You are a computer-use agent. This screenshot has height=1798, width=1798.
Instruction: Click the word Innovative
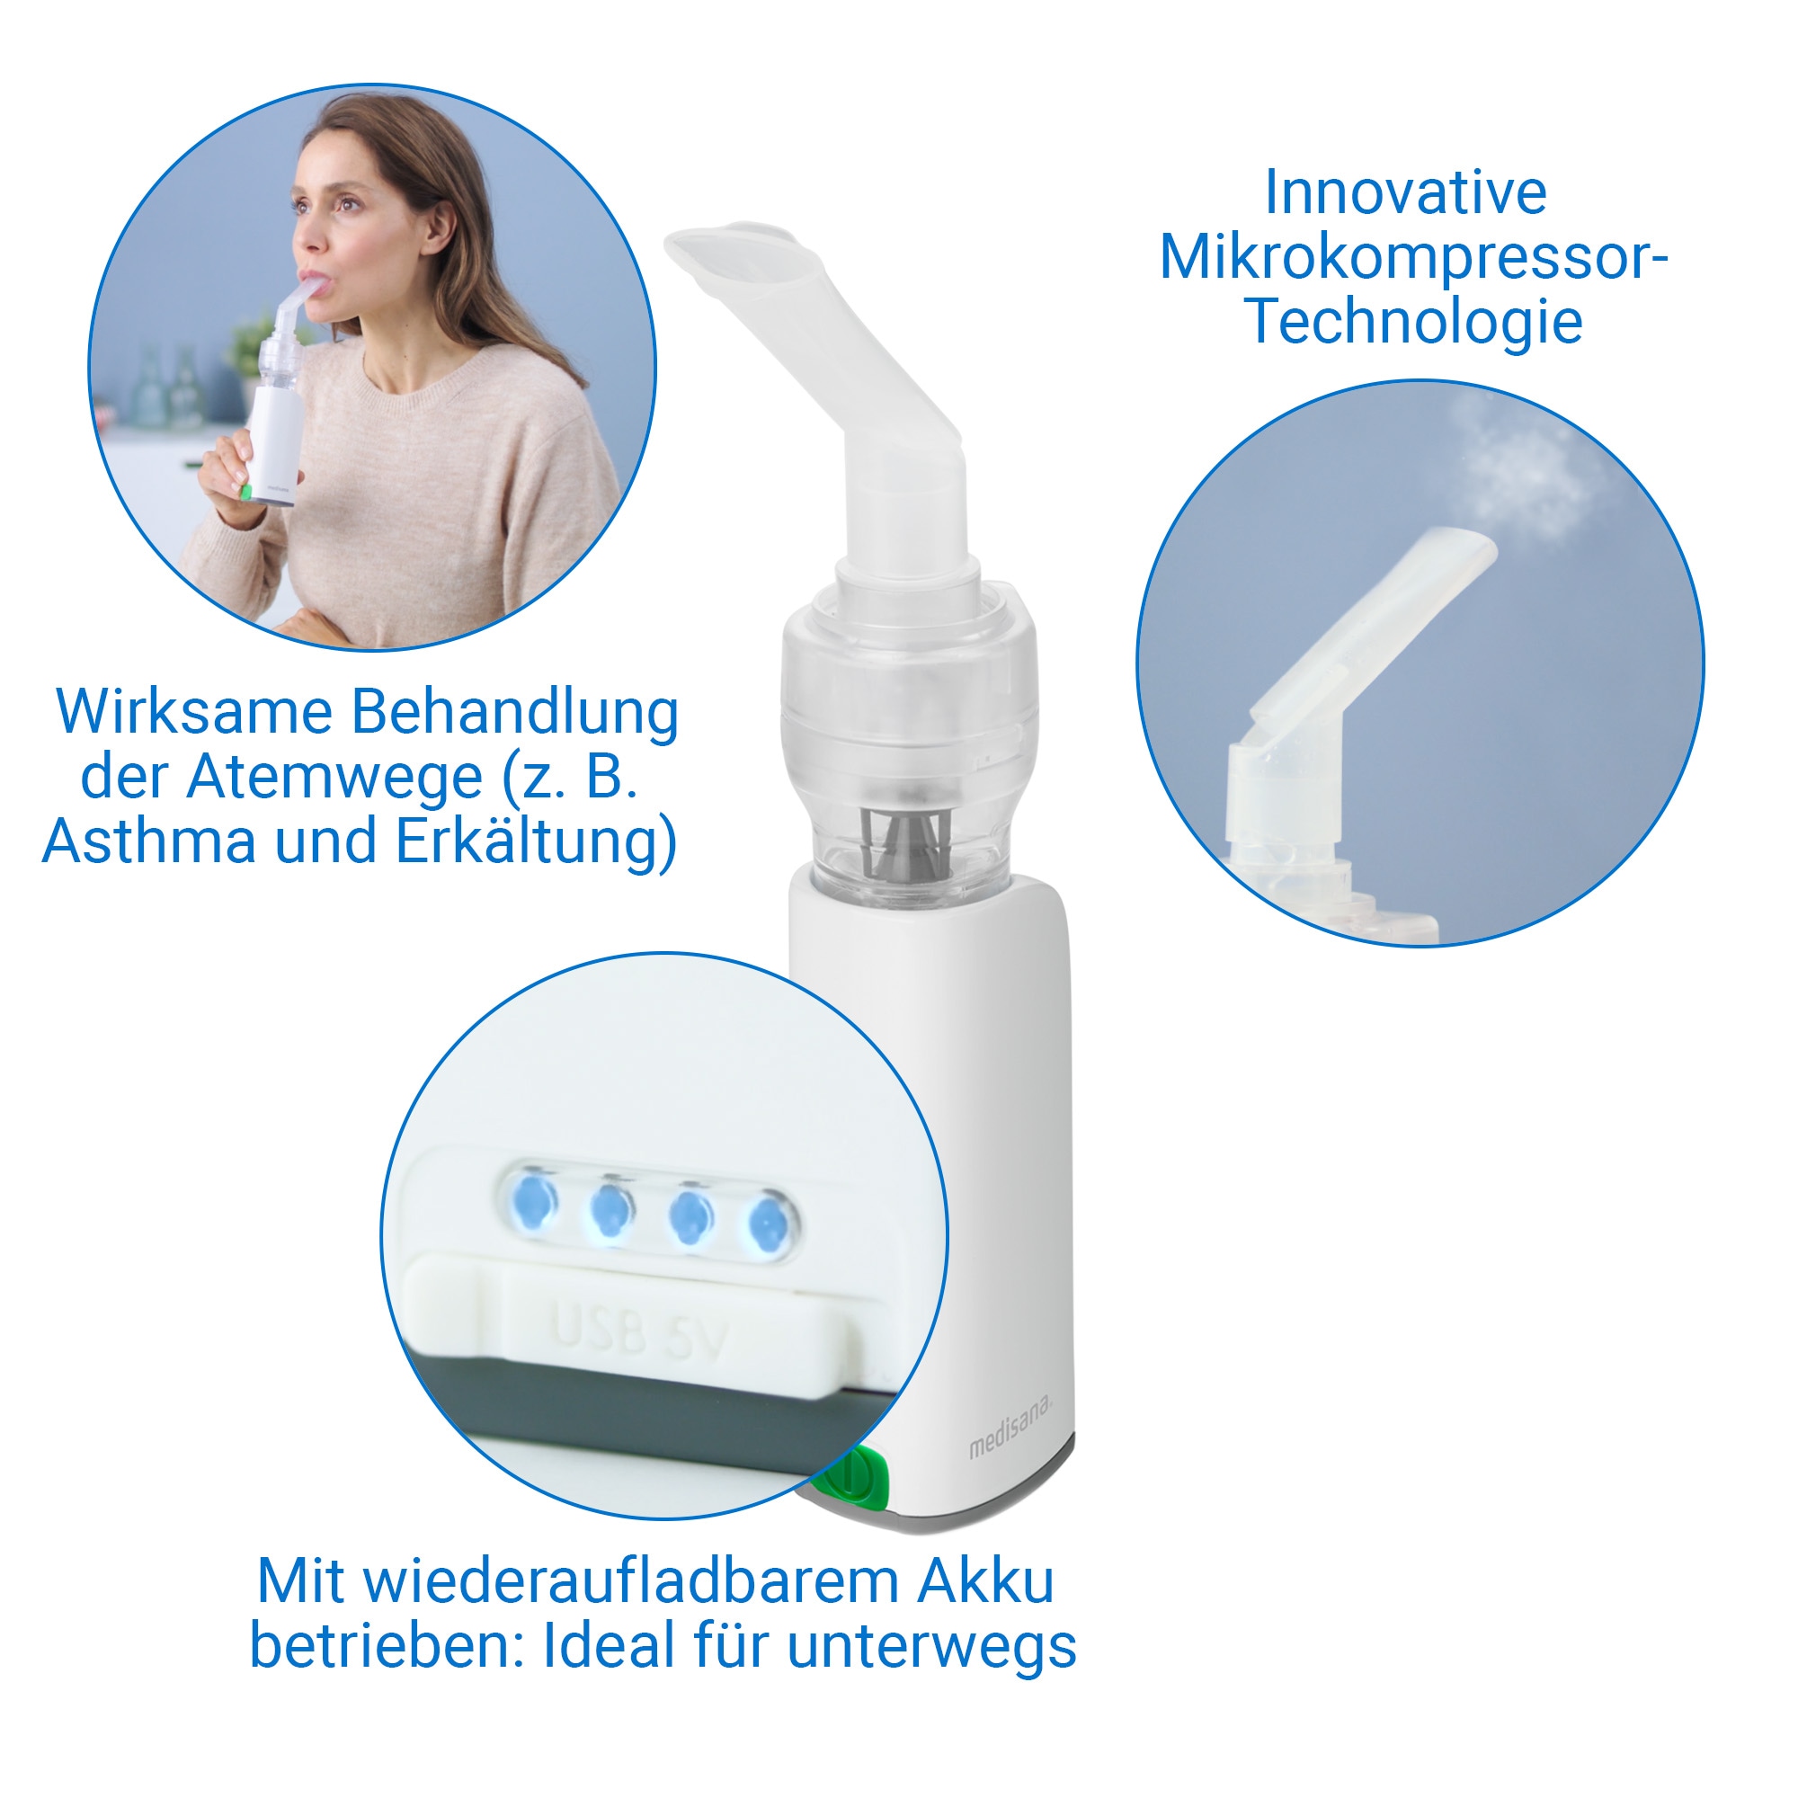pos(1405,193)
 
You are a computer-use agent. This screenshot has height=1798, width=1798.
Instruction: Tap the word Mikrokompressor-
pos(1412,258)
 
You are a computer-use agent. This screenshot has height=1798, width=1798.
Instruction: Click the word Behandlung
pos(513,714)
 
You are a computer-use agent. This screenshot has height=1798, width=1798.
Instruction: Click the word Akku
pos(985,1581)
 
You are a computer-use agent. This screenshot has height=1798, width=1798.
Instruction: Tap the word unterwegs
pos(931,1646)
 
